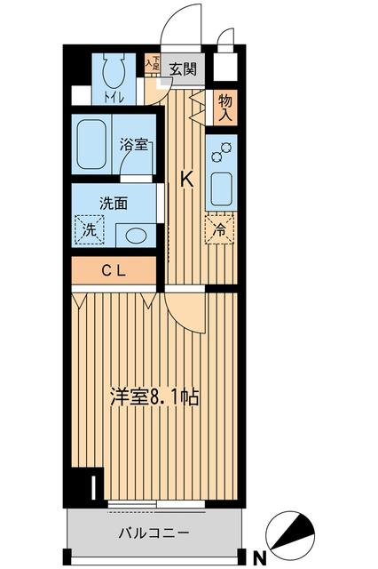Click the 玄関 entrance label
(184, 68)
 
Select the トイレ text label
(114, 97)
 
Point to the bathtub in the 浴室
(91, 144)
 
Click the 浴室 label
(134, 145)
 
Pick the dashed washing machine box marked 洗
(90, 229)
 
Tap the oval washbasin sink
(136, 236)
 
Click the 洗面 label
(114, 204)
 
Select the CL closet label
(114, 270)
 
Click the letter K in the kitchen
(187, 180)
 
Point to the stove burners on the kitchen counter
(221, 152)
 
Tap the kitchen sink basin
(222, 188)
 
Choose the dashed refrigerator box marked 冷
(219, 229)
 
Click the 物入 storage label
(224, 108)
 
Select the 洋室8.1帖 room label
(154, 397)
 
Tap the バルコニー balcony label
(154, 533)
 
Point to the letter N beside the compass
(259, 557)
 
